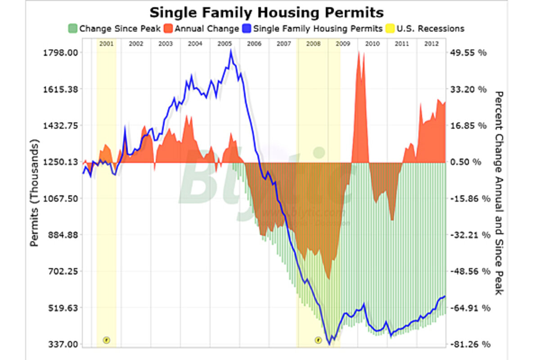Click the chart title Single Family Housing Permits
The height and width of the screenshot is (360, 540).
pyautogui.click(x=266, y=12)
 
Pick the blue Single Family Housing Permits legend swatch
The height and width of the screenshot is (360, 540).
pyautogui.click(x=247, y=29)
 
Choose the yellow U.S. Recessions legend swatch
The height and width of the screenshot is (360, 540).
pyautogui.click(x=390, y=29)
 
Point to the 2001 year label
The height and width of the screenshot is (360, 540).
pyautogui.click(x=106, y=44)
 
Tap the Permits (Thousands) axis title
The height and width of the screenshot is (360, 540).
pyautogui.click(x=35, y=193)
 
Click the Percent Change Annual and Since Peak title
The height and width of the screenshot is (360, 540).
pyautogui.click(x=499, y=193)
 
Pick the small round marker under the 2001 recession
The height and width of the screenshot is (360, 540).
pyautogui.click(x=106, y=340)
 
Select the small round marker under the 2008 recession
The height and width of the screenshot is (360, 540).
pyautogui.click(x=318, y=340)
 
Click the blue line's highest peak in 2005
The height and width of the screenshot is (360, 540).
pyautogui.click(x=231, y=50)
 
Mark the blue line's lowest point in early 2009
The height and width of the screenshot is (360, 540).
pyautogui.click(x=330, y=344)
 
